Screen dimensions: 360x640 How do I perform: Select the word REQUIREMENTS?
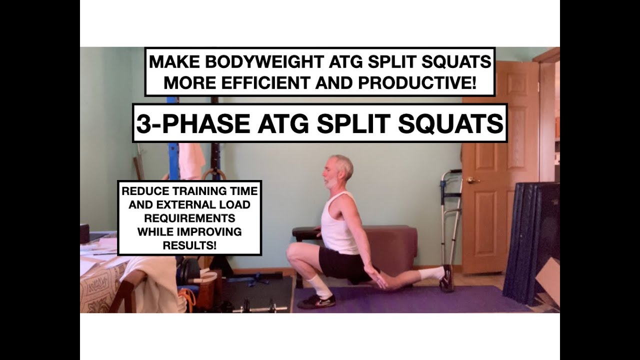click(x=189, y=218)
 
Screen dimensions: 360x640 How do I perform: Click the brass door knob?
click(x=471, y=180)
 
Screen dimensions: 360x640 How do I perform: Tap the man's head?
click(x=337, y=171)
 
